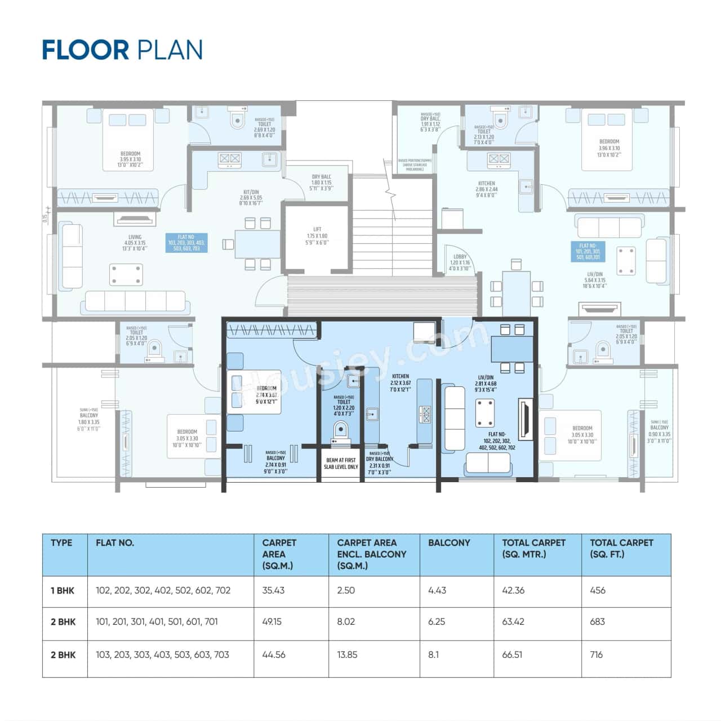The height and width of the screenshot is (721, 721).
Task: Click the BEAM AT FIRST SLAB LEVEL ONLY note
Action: tap(341, 464)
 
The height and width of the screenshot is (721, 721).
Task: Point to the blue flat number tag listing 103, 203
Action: tap(186, 243)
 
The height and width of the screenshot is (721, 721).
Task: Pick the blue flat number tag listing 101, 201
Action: tap(588, 252)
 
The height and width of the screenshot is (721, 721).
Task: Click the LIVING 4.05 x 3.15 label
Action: tap(135, 243)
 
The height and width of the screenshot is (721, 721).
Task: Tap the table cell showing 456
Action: tap(597, 590)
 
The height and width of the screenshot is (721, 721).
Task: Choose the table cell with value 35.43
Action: tap(274, 590)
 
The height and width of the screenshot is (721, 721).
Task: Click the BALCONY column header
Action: tap(449, 543)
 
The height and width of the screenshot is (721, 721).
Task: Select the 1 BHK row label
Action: tap(63, 590)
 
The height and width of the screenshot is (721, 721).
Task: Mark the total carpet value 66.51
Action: tap(513, 655)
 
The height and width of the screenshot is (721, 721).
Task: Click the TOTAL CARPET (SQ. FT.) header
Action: tap(621, 548)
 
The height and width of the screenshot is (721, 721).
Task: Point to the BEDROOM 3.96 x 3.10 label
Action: tap(609, 148)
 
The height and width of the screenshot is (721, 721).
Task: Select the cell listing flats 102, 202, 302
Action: tap(163, 590)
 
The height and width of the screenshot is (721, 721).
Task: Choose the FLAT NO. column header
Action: tap(115, 543)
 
